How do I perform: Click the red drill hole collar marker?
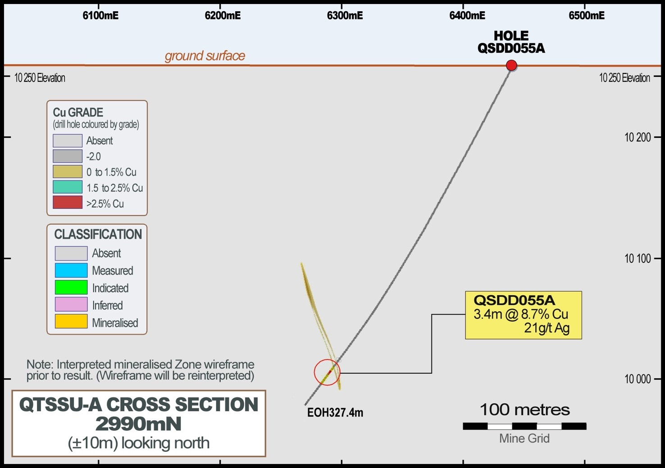pyautogui.click(x=511, y=65)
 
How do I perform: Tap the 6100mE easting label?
pyautogui.click(x=100, y=16)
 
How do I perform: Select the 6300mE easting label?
pyautogui.click(x=345, y=16)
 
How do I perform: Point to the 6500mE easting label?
pyautogui.click(x=586, y=16)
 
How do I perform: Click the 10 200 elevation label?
pyautogui.click(x=637, y=137)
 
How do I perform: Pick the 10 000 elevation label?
pyautogui.click(x=637, y=379)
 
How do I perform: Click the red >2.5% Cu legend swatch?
pyautogui.click(x=68, y=203)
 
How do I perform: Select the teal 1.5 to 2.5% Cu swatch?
pyautogui.click(x=68, y=187)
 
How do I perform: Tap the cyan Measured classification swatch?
pyautogui.click(x=71, y=270)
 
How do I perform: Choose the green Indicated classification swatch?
pyautogui.click(x=71, y=287)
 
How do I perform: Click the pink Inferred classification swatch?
pyautogui.click(x=71, y=304)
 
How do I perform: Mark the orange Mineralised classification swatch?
pyautogui.click(x=71, y=322)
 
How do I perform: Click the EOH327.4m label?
pyautogui.click(x=335, y=413)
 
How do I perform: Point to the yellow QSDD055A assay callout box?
pyautogui.click(x=523, y=315)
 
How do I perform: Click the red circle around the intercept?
pyautogui.click(x=327, y=373)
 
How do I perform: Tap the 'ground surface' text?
pyautogui.click(x=205, y=56)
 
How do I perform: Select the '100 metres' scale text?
pyautogui.click(x=524, y=410)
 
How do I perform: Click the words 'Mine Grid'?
pyautogui.click(x=524, y=438)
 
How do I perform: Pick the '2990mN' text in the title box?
pyautogui.click(x=138, y=424)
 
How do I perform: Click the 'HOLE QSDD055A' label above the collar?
pyautogui.click(x=511, y=42)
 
